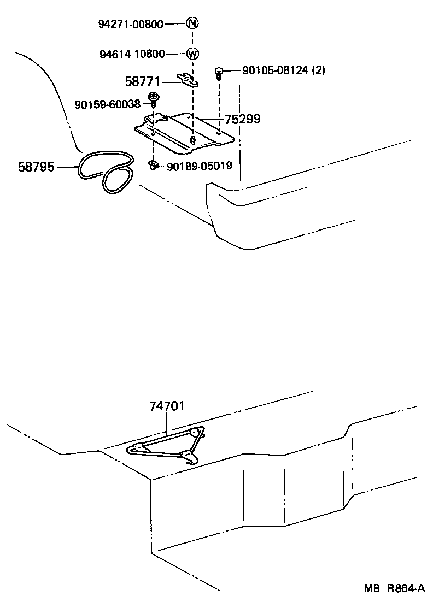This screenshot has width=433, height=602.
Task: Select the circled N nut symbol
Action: click(x=192, y=23)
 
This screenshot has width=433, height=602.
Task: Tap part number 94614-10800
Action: click(x=132, y=54)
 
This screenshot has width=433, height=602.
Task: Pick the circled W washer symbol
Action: click(x=192, y=54)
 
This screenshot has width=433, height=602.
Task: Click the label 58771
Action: click(x=142, y=82)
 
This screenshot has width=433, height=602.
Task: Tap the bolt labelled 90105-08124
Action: click(x=219, y=72)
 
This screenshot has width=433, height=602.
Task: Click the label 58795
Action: click(x=36, y=167)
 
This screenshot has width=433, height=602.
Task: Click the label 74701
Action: click(x=167, y=406)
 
